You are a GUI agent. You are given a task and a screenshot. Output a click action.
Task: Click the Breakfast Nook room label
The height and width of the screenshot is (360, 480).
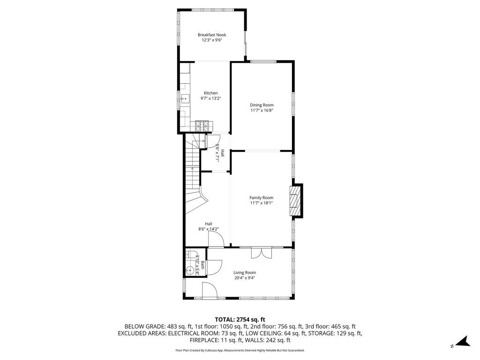tap(211, 35)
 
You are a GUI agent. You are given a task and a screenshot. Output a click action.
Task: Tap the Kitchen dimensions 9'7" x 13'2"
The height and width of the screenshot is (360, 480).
tap(210, 98)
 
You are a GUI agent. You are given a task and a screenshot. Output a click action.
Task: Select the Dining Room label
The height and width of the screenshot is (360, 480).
tap(262, 105)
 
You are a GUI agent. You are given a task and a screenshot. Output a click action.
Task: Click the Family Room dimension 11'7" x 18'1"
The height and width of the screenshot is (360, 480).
tap(261, 203)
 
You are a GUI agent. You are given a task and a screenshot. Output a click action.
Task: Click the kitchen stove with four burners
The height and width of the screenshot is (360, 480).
tap(203, 125)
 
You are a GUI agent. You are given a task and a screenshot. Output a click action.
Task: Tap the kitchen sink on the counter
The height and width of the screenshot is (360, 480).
tap(185, 99)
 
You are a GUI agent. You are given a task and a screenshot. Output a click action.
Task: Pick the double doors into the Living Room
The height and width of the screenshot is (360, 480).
tap(261, 253)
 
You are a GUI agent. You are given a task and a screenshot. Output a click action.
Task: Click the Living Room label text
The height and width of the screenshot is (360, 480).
tap(245, 272)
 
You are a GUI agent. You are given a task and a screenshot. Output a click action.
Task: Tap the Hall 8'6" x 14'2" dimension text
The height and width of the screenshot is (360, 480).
tap(209, 229)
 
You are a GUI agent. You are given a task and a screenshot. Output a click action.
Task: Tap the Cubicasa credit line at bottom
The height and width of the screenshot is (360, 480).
tap(240, 350)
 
